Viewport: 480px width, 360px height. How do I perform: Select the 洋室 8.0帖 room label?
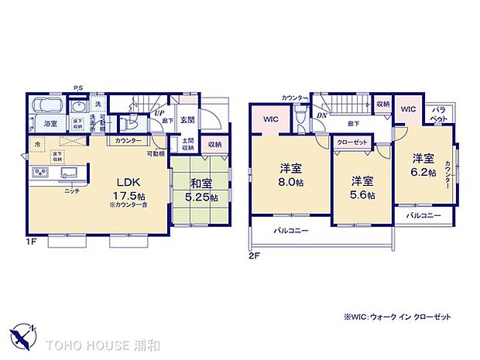[x=290, y=174]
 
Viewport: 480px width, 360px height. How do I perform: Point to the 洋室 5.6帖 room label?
[x=362, y=188]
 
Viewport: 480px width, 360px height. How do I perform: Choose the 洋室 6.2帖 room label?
[x=423, y=166]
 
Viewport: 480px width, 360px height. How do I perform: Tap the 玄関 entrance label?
[x=188, y=120]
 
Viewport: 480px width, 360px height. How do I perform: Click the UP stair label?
[x=159, y=113]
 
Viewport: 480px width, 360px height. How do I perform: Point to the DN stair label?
[x=321, y=115]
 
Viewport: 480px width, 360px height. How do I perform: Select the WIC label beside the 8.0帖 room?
[x=270, y=119]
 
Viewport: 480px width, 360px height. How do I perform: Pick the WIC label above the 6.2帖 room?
[x=408, y=110]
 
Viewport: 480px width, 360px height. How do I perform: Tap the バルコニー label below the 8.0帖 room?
[x=291, y=231]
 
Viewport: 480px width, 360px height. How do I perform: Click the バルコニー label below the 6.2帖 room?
[x=423, y=214]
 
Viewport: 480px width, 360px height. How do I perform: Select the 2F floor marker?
[x=252, y=255]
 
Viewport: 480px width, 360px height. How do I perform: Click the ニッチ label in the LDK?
[x=71, y=190]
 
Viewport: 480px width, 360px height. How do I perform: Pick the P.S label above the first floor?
[x=78, y=87]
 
